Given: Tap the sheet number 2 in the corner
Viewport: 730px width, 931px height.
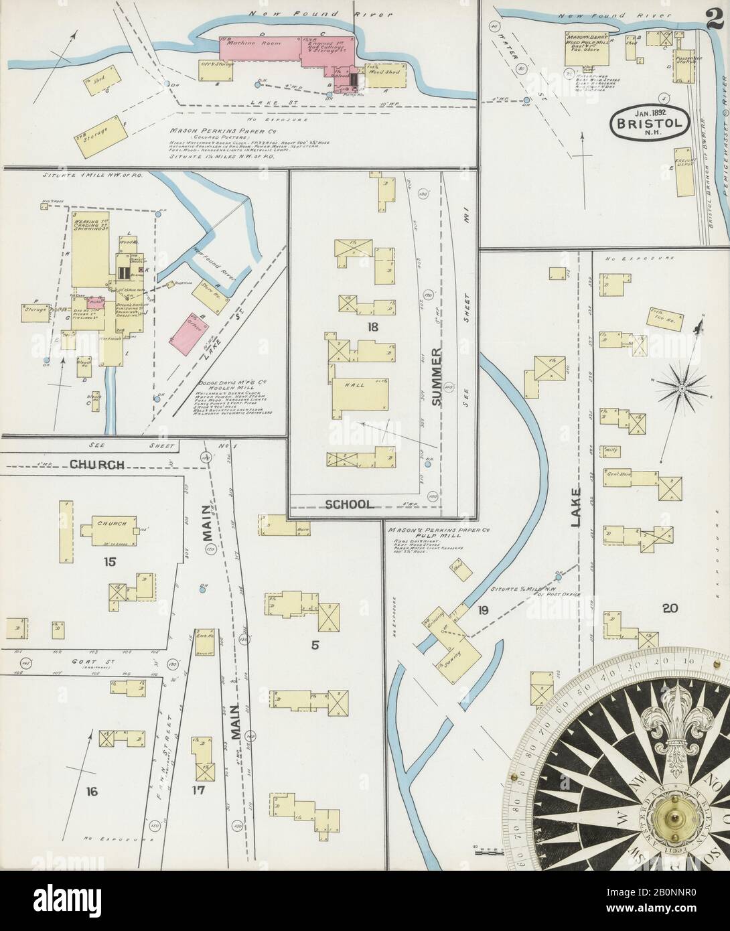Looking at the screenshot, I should [x=715, y=15].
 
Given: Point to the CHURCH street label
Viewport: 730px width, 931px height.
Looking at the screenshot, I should [x=97, y=463].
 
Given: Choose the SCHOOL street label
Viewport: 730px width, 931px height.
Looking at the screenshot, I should [x=349, y=504].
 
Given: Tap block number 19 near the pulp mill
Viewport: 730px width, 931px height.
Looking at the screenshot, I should [x=481, y=609].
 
